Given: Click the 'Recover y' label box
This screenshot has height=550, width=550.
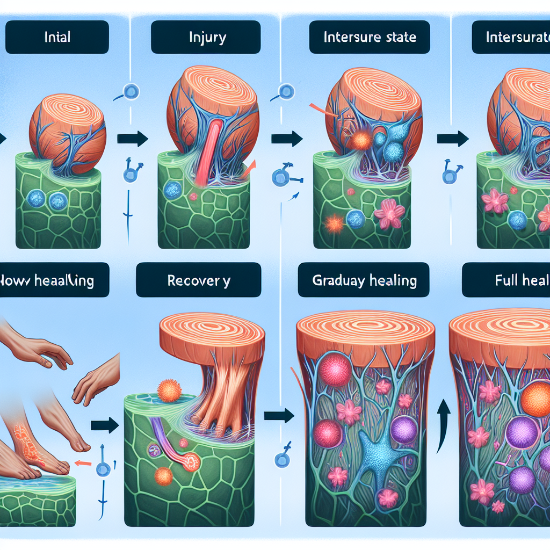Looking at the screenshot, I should [198, 280].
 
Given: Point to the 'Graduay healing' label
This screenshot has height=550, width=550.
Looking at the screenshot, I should [364, 280].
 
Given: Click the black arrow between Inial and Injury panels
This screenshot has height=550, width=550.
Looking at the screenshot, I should [132, 139].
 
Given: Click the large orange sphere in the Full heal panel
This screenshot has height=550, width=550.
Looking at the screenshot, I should [535, 397].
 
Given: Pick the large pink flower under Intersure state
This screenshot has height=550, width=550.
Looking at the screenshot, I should [390, 213].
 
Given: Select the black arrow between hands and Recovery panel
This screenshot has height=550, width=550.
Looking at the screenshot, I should [105, 425].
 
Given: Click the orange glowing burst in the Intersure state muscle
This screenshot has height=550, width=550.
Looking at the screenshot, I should [360, 141].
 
